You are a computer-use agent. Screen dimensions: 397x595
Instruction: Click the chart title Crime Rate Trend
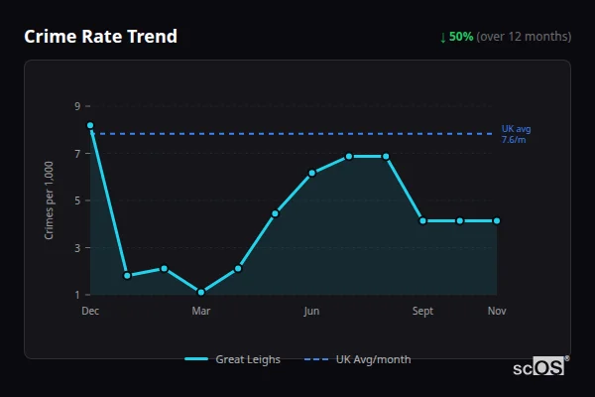click(x=100, y=37)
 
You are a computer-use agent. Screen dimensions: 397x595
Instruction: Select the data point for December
click(x=90, y=126)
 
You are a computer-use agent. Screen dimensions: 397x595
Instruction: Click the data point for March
click(x=201, y=292)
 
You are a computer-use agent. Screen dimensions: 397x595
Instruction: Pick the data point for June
click(x=311, y=173)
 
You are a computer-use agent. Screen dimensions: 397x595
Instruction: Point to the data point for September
click(x=422, y=220)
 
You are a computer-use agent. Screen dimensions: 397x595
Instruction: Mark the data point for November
click(x=497, y=220)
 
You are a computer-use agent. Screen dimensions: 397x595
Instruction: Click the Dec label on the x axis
click(x=90, y=312)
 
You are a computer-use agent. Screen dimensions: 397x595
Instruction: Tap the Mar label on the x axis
click(x=201, y=312)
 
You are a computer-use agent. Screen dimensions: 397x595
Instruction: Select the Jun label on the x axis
click(x=311, y=312)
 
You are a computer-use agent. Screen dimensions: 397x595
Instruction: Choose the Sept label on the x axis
click(x=422, y=312)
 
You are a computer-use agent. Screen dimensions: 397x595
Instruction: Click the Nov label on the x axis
click(x=497, y=312)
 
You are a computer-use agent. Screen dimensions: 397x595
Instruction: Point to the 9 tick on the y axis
click(x=76, y=106)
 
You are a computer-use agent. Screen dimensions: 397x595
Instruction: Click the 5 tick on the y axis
click(x=76, y=200)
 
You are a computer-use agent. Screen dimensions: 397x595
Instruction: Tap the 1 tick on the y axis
click(x=76, y=295)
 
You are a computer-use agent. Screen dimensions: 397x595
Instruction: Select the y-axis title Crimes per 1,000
click(x=50, y=200)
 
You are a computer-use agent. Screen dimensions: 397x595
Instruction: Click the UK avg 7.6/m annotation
click(x=515, y=134)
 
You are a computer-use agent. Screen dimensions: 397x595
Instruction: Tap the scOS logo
click(x=539, y=367)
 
